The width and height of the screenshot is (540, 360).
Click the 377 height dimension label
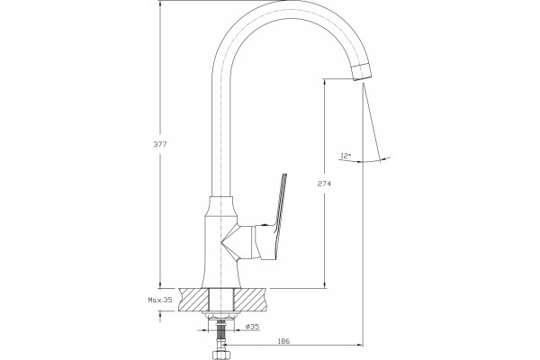coord(160,144)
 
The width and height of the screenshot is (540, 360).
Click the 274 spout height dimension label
coord(324,184)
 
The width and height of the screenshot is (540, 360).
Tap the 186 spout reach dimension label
coord(283,341)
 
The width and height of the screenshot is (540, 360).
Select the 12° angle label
coord(345,156)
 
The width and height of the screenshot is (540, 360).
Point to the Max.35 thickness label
coord(160,300)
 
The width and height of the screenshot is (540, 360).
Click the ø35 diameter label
coord(252,326)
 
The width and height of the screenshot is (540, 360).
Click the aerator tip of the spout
coord(363,72)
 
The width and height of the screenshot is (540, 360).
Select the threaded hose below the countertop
coord(221,335)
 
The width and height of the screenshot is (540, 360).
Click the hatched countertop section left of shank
coord(193,300)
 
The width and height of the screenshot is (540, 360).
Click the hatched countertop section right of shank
coord(250,300)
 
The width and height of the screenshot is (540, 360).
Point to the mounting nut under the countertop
coord(220,314)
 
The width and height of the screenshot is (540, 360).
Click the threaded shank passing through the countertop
coord(221,300)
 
